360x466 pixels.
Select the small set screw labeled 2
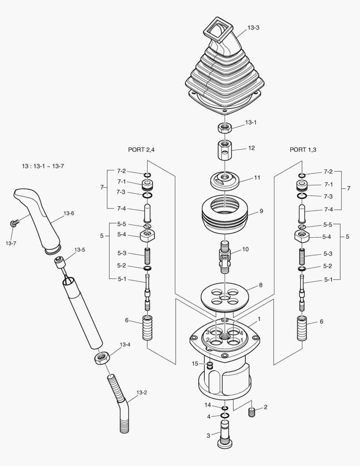tap(252, 412)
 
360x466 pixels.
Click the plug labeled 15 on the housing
tap(210, 366)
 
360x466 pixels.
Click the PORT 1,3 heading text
tap(303, 150)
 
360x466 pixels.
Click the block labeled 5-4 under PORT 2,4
tap(147, 236)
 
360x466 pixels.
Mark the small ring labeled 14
tap(225, 408)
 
